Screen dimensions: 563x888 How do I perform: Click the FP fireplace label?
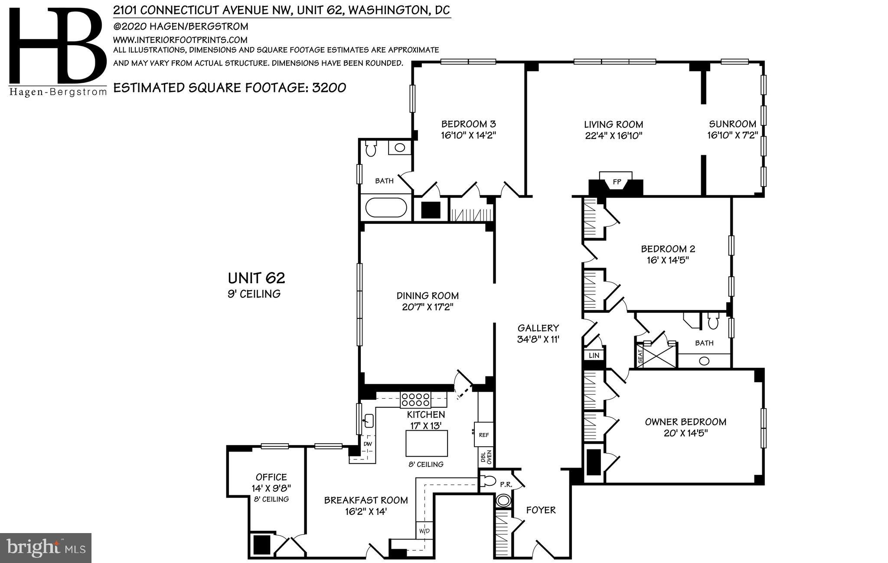click(616, 182)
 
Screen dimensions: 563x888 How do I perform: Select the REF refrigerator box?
click(483, 434)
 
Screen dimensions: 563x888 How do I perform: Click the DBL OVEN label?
click(486, 457)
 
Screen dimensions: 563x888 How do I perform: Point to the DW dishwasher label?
click(367, 444)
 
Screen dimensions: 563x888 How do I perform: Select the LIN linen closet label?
click(594, 355)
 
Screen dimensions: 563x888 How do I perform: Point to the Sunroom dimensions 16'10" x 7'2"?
click(732, 135)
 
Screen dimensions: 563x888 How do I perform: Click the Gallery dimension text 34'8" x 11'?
click(538, 339)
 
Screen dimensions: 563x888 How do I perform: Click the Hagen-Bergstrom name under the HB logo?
click(58, 92)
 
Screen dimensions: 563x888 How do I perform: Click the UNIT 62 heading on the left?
click(256, 278)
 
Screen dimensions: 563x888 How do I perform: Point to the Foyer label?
click(541, 510)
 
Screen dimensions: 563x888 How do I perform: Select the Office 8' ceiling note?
click(271, 499)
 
